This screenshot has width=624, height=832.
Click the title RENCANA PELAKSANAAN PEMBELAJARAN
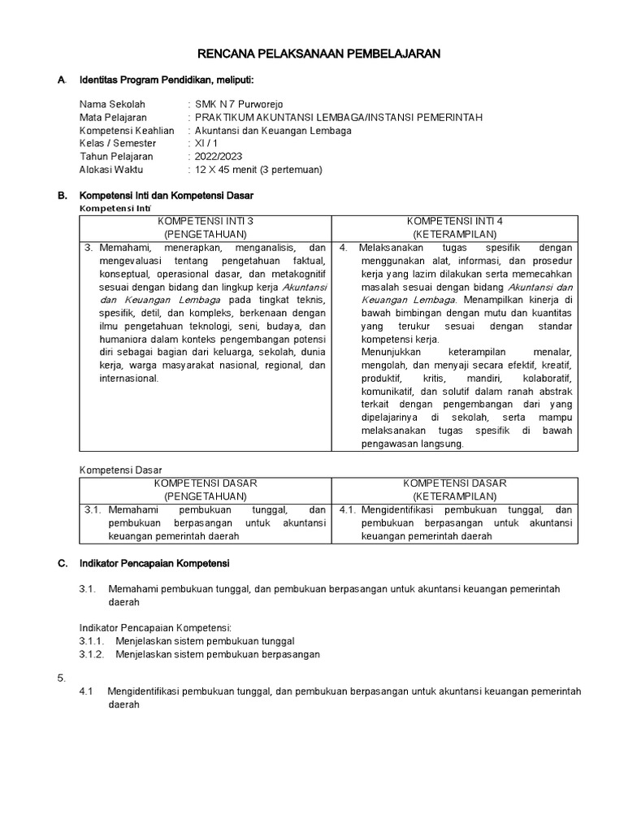tap(320, 54)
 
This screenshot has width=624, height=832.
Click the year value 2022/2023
tap(218, 156)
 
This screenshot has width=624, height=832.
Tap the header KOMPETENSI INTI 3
tap(205, 221)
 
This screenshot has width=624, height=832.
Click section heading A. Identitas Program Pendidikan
tap(166, 80)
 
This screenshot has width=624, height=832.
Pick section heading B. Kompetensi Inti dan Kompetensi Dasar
tap(166, 196)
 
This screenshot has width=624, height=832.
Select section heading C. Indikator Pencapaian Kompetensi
tap(154, 562)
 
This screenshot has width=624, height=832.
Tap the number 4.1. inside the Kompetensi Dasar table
tap(347, 510)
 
